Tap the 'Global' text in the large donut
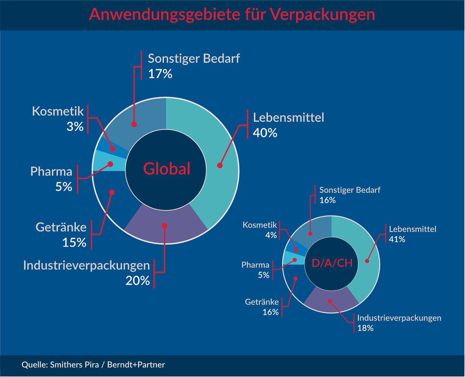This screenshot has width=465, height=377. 167,169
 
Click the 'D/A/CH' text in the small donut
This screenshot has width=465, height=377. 332,263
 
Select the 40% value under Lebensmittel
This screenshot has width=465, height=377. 265,133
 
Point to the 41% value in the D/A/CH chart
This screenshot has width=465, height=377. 397,239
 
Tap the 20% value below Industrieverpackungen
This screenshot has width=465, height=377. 138,280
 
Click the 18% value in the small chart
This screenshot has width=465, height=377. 365,328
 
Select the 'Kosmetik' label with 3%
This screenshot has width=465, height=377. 58,112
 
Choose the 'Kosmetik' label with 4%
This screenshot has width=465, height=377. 260,225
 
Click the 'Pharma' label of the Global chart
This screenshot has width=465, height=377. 52,171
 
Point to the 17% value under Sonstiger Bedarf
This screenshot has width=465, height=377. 160,74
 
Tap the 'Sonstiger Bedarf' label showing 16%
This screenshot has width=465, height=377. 350,190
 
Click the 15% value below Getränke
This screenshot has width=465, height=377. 74,242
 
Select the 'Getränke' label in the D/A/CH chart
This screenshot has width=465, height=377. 262,302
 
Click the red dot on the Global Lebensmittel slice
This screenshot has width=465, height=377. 220,165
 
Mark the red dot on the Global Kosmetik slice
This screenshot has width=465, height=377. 113,149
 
